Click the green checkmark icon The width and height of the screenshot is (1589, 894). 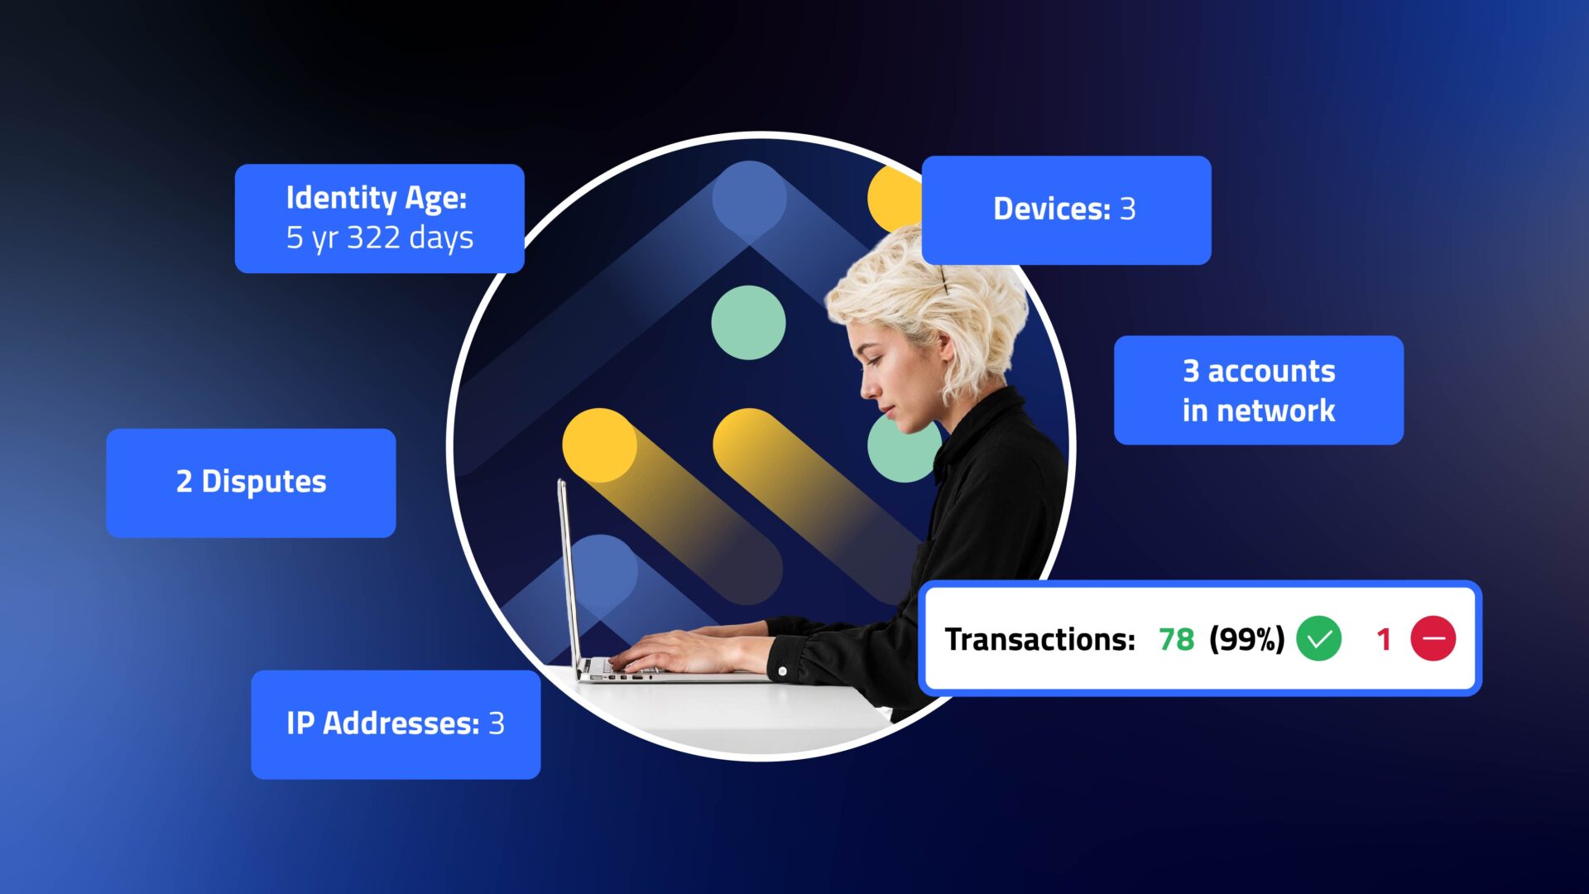(1318, 639)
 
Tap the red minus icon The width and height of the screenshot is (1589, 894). (1433, 639)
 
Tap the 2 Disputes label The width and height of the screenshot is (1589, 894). (252, 482)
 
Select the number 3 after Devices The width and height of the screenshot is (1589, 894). (1127, 209)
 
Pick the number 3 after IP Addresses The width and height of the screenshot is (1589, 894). (497, 723)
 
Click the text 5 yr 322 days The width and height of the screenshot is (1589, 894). (380, 238)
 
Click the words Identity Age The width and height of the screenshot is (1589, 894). (376, 198)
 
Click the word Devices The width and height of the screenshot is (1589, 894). (1051, 209)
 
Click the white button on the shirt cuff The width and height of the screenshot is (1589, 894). (783, 671)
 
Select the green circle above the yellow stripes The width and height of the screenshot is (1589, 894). (748, 323)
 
